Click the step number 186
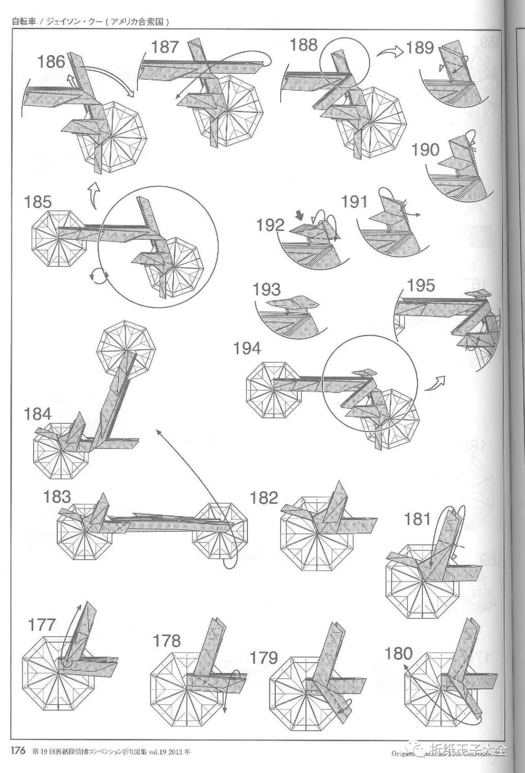(x=52, y=62)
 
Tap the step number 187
(x=165, y=47)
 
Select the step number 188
(x=303, y=45)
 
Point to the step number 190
(x=425, y=150)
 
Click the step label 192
(x=271, y=225)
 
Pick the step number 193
(x=266, y=290)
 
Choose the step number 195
(x=420, y=285)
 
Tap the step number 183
(x=57, y=497)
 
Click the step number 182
(x=264, y=498)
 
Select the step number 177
(x=42, y=624)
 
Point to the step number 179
(x=263, y=658)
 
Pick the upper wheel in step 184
(x=126, y=347)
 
